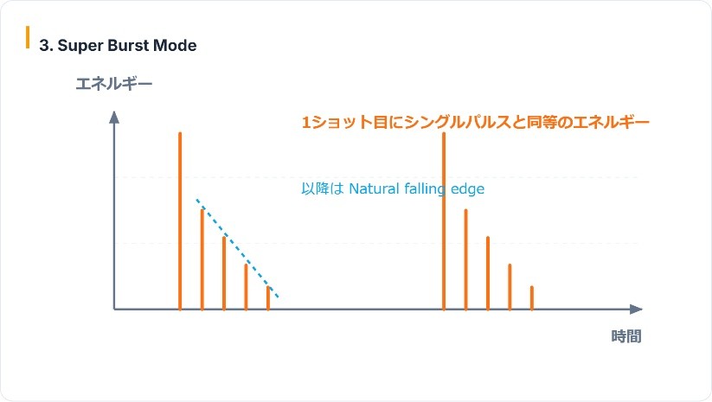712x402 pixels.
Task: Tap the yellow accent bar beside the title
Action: coord(28,37)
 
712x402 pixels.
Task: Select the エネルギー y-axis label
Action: coord(114,84)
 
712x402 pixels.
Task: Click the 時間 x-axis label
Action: coord(626,336)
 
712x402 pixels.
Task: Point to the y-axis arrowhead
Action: coord(114,117)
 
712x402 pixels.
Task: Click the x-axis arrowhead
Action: coord(636,309)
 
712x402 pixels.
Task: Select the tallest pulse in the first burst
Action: coord(180,221)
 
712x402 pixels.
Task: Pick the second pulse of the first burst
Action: coord(202,259)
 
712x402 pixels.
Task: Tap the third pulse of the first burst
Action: coord(224,273)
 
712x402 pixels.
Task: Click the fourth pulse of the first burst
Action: coord(246,287)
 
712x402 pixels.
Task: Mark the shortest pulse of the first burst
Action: coord(268,298)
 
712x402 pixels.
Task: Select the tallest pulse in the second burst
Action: coord(444,221)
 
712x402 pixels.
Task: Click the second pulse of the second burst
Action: coord(465,259)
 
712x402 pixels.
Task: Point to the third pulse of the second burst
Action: coord(488,273)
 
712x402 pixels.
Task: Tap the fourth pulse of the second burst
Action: coord(510,287)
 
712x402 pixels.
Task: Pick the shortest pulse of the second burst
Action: coord(532,298)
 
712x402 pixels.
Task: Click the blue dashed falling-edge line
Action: coord(237,248)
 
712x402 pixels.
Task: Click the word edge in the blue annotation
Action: coord(467,189)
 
